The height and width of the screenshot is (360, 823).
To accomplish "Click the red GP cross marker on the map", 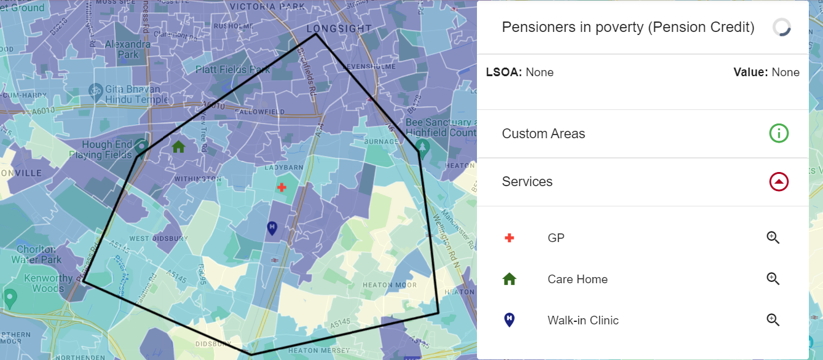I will (x=282, y=187).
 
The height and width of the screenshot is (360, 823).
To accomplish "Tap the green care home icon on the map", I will (x=178, y=147).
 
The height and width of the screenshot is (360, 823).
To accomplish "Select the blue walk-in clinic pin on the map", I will (x=272, y=228).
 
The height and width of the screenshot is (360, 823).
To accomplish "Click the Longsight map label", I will (x=339, y=29).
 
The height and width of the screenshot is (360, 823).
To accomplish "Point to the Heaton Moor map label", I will (x=390, y=285).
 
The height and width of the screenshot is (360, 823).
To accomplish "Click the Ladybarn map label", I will (x=285, y=167).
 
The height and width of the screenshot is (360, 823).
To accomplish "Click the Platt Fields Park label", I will (x=233, y=69).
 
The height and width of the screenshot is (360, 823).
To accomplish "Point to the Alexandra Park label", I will (x=128, y=49).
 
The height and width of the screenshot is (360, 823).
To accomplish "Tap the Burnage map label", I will (x=381, y=141).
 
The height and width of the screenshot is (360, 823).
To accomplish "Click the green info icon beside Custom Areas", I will (x=779, y=133).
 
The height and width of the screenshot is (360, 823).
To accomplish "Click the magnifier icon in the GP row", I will (x=773, y=238).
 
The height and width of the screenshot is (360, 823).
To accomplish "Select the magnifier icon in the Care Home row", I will (x=773, y=279).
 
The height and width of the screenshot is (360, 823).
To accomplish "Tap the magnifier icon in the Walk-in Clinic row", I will (x=773, y=320).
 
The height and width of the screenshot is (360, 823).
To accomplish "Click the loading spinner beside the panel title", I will (x=781, y=27).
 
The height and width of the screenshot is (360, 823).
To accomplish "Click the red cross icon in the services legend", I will (x=509, y=238).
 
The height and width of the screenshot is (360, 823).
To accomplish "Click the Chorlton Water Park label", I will (x=37, y=254).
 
